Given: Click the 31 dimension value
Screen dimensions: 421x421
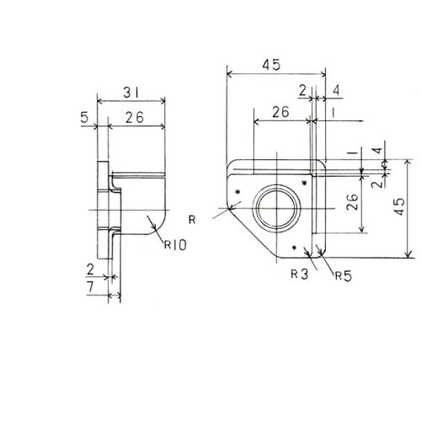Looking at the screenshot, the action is (131, 93).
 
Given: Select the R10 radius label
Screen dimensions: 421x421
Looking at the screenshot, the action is (175, 245).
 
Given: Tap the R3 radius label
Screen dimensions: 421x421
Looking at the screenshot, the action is (300, 274).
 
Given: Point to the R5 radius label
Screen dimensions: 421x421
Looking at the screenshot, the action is (344, 276).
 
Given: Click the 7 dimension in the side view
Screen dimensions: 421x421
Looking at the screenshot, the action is (90, 287).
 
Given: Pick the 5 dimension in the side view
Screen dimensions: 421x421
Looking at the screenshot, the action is (84, 118).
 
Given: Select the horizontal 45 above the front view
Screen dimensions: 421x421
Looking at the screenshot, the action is (271, 65).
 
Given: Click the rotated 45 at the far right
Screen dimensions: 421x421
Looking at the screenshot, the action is (399, 206).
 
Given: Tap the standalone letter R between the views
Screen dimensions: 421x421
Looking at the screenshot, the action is (192, 220).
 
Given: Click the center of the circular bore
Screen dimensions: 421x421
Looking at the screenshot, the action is (276, 209).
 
